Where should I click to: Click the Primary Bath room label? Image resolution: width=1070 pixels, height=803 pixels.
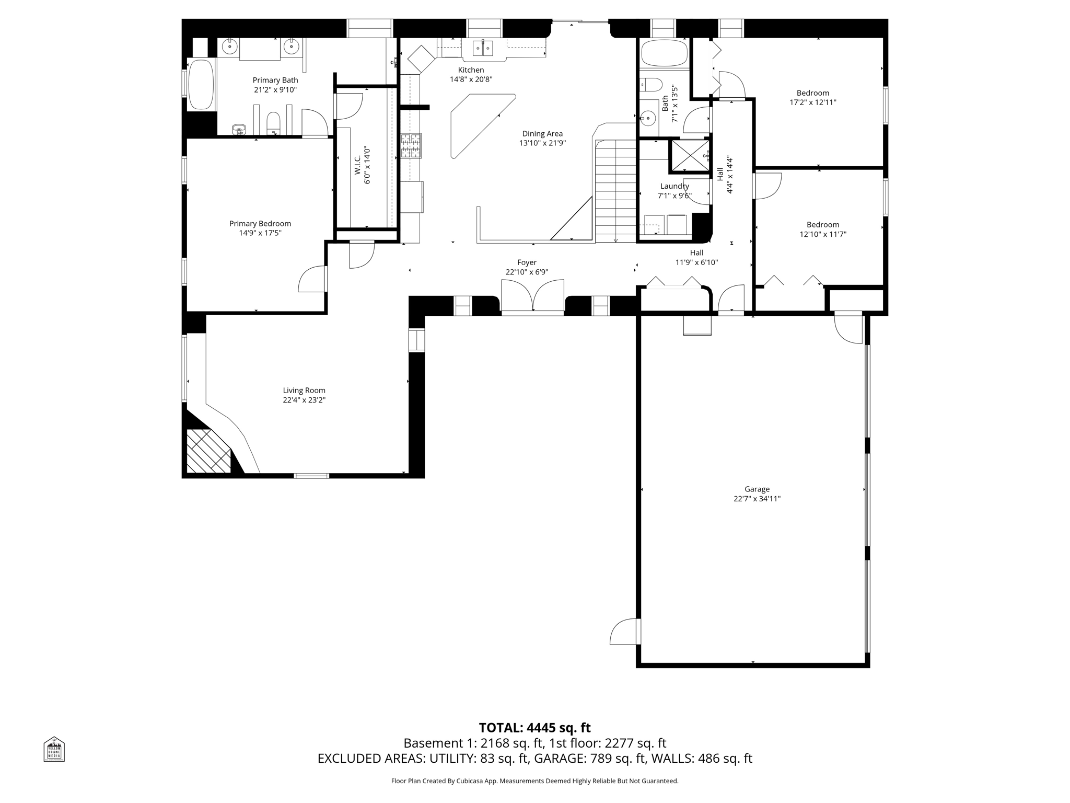click(x=275, y=80)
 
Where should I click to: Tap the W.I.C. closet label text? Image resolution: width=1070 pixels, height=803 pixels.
click(x=358, y=166)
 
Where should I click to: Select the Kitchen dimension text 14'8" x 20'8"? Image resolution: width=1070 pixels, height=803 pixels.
click(x=471, y=79)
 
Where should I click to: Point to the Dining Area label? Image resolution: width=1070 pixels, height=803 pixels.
click(x=542, y=134)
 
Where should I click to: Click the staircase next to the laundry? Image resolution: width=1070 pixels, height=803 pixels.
click(x=615, y=191)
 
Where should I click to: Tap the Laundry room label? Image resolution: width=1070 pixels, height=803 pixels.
click(x=674, y=186)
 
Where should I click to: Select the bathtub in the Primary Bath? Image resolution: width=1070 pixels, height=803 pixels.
click(x=201, y=85)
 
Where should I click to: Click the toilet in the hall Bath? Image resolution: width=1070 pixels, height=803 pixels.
click(x=650, y=84)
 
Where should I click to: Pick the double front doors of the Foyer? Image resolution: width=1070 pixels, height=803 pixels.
click(x=532, y=297)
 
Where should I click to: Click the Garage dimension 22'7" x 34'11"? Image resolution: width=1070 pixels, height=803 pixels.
click(x=757, y=499)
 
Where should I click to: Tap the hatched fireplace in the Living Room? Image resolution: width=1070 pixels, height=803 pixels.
click(x=208, y=451)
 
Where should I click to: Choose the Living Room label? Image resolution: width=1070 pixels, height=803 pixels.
click(x=304, y=390)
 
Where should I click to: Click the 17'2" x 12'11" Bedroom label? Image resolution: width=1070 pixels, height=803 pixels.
click(x=812, y=93)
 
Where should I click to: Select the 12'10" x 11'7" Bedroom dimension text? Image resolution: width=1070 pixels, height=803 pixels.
click(x=822, y=234)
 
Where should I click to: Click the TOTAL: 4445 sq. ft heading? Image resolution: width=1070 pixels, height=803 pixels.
click(x=534, y=728)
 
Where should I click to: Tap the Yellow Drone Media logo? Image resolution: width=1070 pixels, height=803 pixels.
click(x=54, y=749)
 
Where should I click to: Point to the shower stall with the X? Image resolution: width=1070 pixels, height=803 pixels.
click(x=690, y=156)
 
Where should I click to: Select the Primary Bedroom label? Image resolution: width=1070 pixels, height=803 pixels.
click(x=260, y=223)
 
